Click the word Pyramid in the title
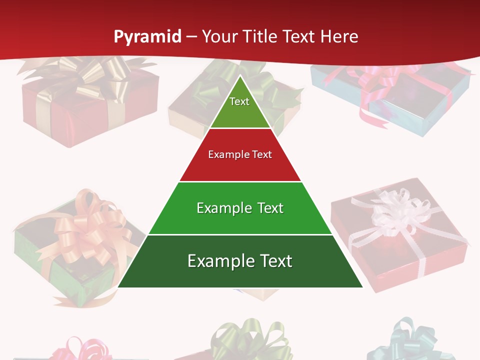click(147, 36)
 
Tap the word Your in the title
click(220, 36)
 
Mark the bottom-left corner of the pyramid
click(118, 287)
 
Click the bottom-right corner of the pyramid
click(362, 287)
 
